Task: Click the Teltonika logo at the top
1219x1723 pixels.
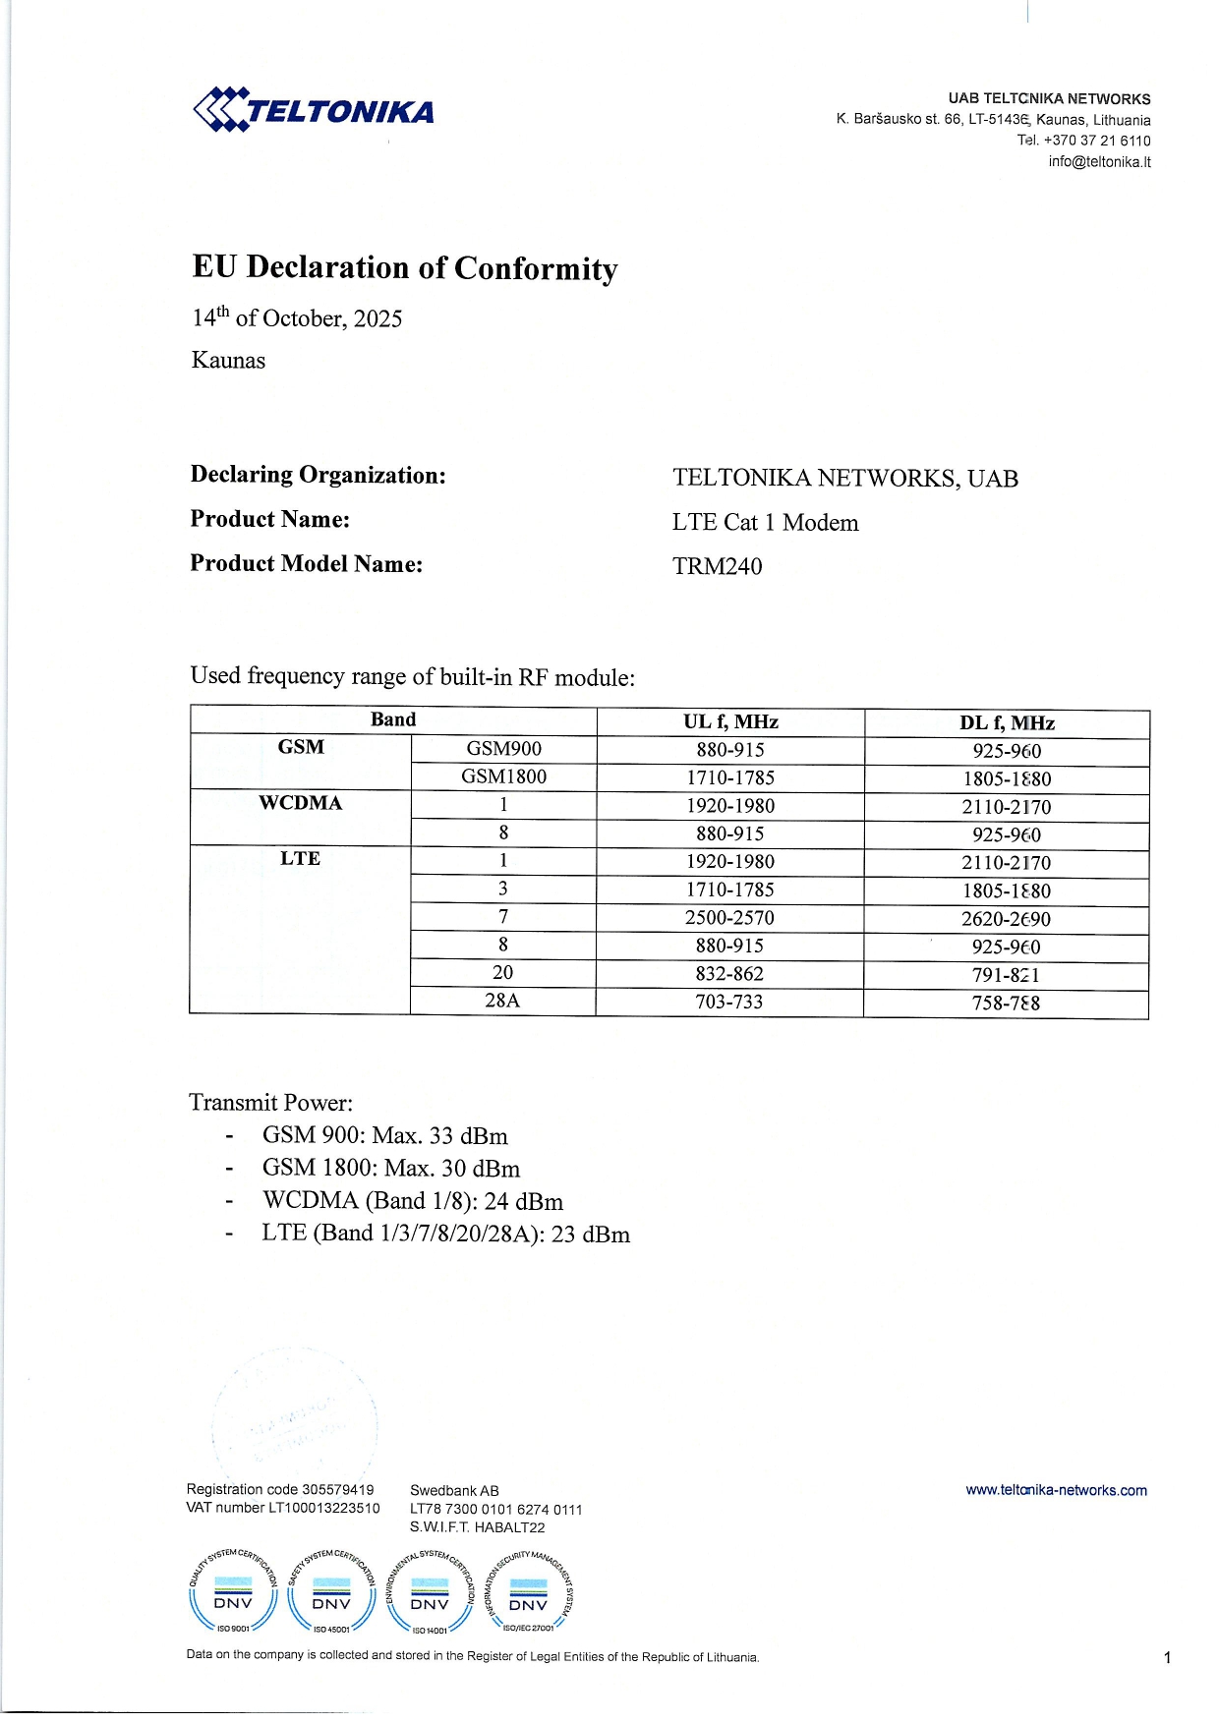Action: (314, 109)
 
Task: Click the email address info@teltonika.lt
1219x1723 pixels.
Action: (1099, 162)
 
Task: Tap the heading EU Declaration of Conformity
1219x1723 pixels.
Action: (405, 268)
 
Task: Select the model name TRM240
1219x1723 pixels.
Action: (717, 566)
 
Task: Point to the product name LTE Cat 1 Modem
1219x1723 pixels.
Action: (765, 523)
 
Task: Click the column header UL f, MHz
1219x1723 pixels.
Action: (730, 721)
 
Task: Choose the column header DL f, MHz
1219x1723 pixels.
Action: (1007, 723)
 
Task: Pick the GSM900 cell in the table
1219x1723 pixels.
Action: (503, 749)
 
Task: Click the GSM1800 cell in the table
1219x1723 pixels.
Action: (503, 776)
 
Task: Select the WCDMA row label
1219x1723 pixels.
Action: (300, 803)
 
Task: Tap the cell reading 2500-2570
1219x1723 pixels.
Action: (729, 918)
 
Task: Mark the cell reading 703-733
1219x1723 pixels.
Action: (729, 1002)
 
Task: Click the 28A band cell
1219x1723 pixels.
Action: (502, 1001)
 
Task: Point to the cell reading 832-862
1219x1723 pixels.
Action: (729, 974)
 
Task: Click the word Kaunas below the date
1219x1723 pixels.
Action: (228, 361)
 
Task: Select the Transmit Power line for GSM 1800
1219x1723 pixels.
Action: (390, 1169)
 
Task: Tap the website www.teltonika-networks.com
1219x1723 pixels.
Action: (1056, 1490)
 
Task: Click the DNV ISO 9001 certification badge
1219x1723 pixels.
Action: (233, 1592)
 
